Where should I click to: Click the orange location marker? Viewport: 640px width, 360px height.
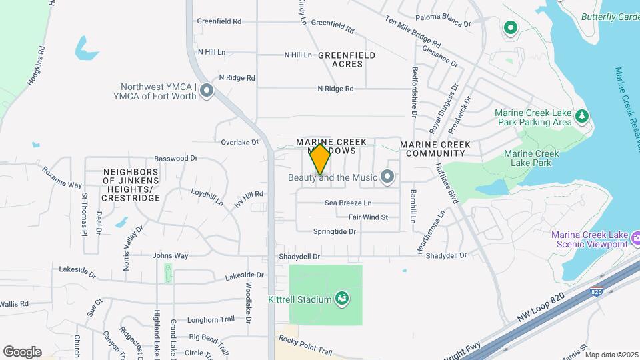pos(320,159)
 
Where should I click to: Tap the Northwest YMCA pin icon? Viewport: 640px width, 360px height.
pos(207,91)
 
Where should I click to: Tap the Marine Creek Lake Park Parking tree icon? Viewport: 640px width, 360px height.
pos(582,117)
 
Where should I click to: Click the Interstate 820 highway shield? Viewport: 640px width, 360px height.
pos(596,291)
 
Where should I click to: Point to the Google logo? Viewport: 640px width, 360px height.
pos(22,351)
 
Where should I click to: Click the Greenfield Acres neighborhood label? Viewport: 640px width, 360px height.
pos(347,59)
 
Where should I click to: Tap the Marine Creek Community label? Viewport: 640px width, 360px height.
pos(435,149)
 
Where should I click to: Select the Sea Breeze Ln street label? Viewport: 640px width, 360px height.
pos(348,203)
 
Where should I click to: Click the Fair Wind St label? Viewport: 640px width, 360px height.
pos(368,217)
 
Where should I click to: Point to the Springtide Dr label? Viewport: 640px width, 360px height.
pos(335,231)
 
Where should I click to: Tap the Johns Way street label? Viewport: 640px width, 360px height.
pos(171,255)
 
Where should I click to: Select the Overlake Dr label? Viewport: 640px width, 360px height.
pos(239,142)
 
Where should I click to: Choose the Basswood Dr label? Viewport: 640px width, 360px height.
pos(176,159)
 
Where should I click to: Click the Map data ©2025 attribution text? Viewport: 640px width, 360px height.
pos(611,354)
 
